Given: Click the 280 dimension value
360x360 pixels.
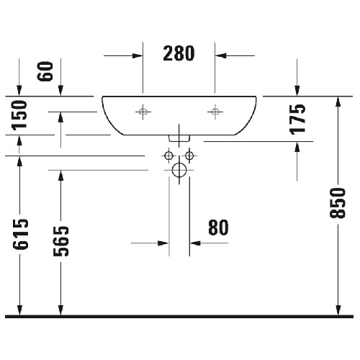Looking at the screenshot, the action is [x=179, y=53].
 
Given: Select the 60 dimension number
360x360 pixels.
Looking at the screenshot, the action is [x=45, y=71].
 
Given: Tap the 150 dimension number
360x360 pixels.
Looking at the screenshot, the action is [x=19, y=115].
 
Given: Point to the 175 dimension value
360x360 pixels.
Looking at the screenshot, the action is [x=297, y=120].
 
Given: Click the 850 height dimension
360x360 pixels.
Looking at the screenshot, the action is [x=338, y=203].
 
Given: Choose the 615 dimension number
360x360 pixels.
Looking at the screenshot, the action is [x=20, y=234].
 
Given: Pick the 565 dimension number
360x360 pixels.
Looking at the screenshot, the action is [x=61, y=241].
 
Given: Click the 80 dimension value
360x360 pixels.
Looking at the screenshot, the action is [x=218, y=228].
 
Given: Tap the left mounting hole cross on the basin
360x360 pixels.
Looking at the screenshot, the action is [x=143, y=112].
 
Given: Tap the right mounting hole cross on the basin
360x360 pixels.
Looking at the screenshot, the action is [x=215, y=112].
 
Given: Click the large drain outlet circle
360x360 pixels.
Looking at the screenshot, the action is [x=179, y=170].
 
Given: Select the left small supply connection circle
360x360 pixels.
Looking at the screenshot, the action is [x=169, y=156].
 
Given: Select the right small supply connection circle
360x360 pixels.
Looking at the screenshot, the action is [x=189, y=156].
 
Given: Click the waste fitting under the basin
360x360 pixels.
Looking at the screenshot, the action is [x=179, y=138].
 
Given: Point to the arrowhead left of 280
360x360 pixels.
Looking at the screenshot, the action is [x=138, y=55].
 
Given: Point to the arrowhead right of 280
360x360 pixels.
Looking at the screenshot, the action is [x=220, y=55].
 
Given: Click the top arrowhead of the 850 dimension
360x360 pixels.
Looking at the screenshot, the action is [x=338, y=102].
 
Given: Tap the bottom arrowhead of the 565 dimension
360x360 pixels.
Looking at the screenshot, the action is [x=61, y=310].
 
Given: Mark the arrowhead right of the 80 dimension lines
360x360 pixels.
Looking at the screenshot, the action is [x=195, y=243].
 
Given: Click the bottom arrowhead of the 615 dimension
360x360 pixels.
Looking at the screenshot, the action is [x=19, y=310].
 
